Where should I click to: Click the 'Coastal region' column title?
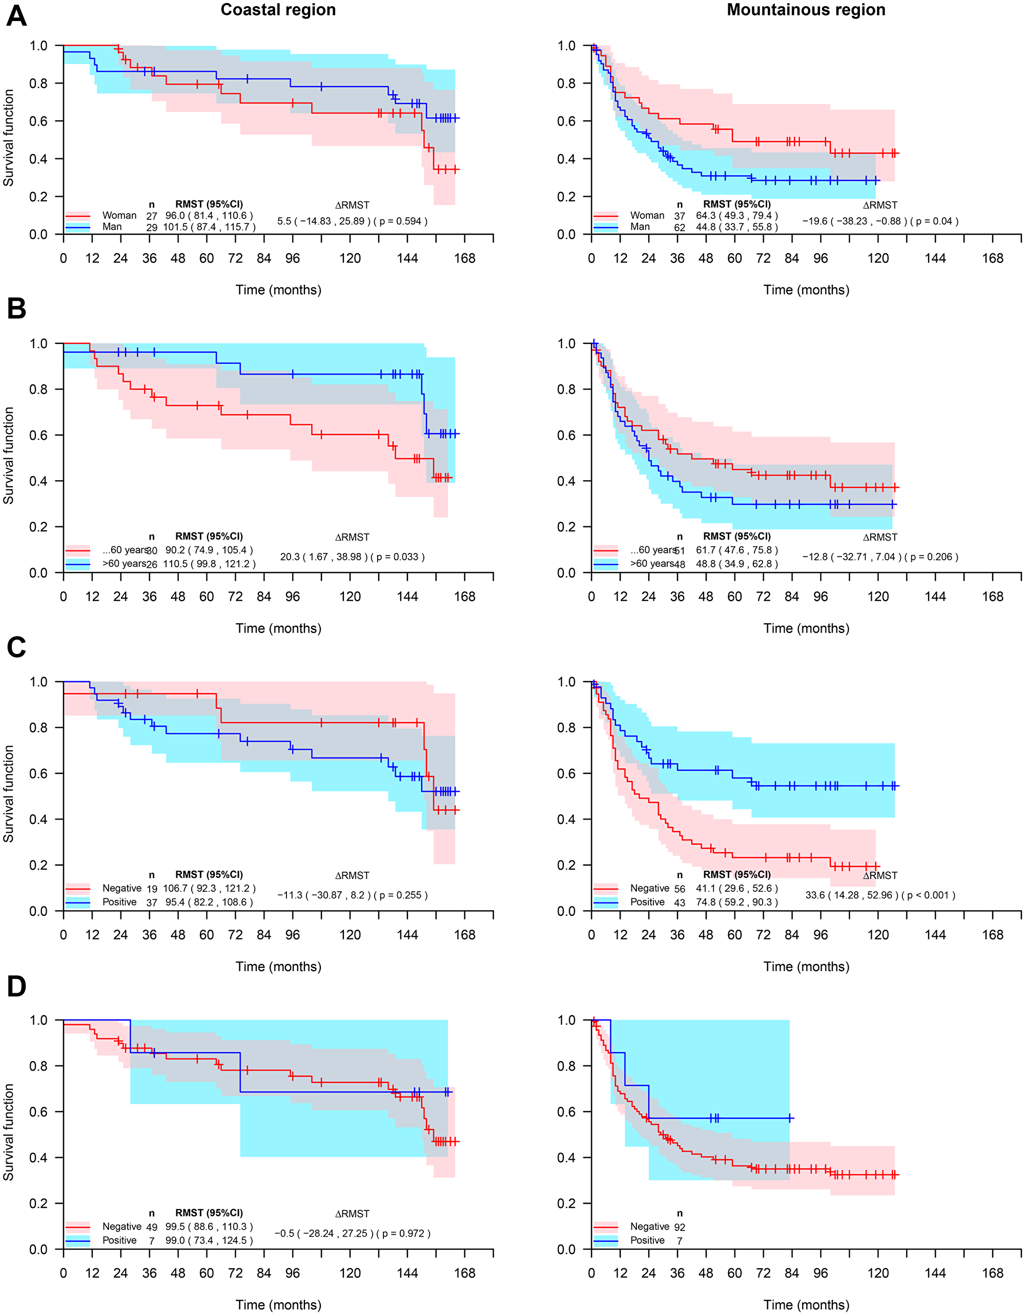point(278,10)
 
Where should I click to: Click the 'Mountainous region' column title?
point(806,10)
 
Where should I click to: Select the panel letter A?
point(16,16)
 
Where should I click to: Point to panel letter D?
point(16,986)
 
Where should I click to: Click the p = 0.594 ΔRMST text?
point(352,221)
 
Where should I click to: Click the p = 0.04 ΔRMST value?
point(880,221)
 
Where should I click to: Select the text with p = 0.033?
point(352,557)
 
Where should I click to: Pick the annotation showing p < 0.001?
point(880,895)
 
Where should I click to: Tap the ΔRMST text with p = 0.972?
point(352,1233)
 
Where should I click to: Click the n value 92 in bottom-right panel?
point(679,1227)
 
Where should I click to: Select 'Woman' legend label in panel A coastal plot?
point(119,216)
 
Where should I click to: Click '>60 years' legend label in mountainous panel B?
point(651,564)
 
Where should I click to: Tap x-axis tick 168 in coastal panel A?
point(464,259)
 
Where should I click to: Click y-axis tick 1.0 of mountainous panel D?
point(566,1020)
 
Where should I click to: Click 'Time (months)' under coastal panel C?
point(278,967)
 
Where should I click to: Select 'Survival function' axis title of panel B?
point(8,455)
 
